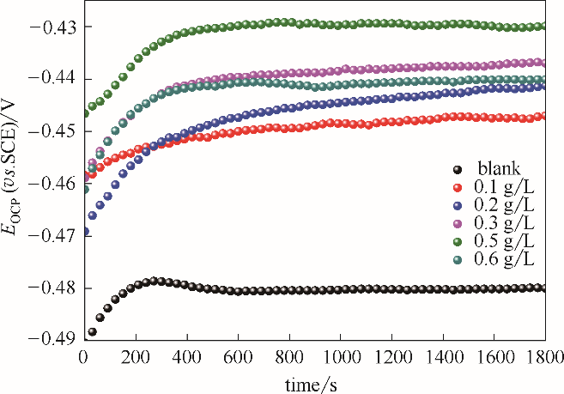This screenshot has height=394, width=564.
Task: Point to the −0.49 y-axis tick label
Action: (x=53, y=340)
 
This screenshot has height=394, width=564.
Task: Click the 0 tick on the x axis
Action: (x=83, y=355)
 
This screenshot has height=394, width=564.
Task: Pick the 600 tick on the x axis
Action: (x=238, y=355)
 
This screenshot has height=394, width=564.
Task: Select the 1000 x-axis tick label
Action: (x=341, y=355)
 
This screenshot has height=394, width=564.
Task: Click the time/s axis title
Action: (x=314, y=380)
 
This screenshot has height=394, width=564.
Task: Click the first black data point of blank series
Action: (x=92, y=331)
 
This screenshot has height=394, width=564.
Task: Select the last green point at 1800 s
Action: (x=542, y=26)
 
